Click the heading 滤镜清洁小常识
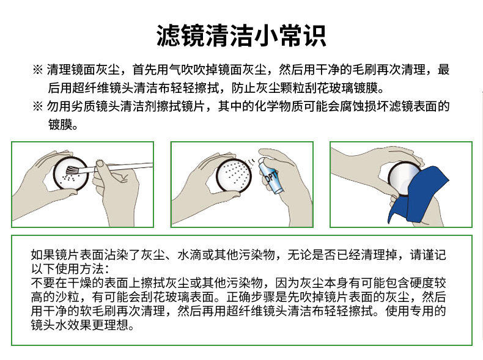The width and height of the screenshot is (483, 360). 242,35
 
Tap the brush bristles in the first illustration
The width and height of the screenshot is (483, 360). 72,170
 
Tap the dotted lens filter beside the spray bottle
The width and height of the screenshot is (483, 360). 234,175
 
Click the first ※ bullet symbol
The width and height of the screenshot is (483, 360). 37,70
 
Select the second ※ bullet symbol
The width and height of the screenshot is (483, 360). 37,106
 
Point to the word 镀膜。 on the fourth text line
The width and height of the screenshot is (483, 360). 62,125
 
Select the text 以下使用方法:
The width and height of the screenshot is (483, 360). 70,269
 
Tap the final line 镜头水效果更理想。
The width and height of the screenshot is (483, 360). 83,325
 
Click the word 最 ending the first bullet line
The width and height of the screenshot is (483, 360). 444,70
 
